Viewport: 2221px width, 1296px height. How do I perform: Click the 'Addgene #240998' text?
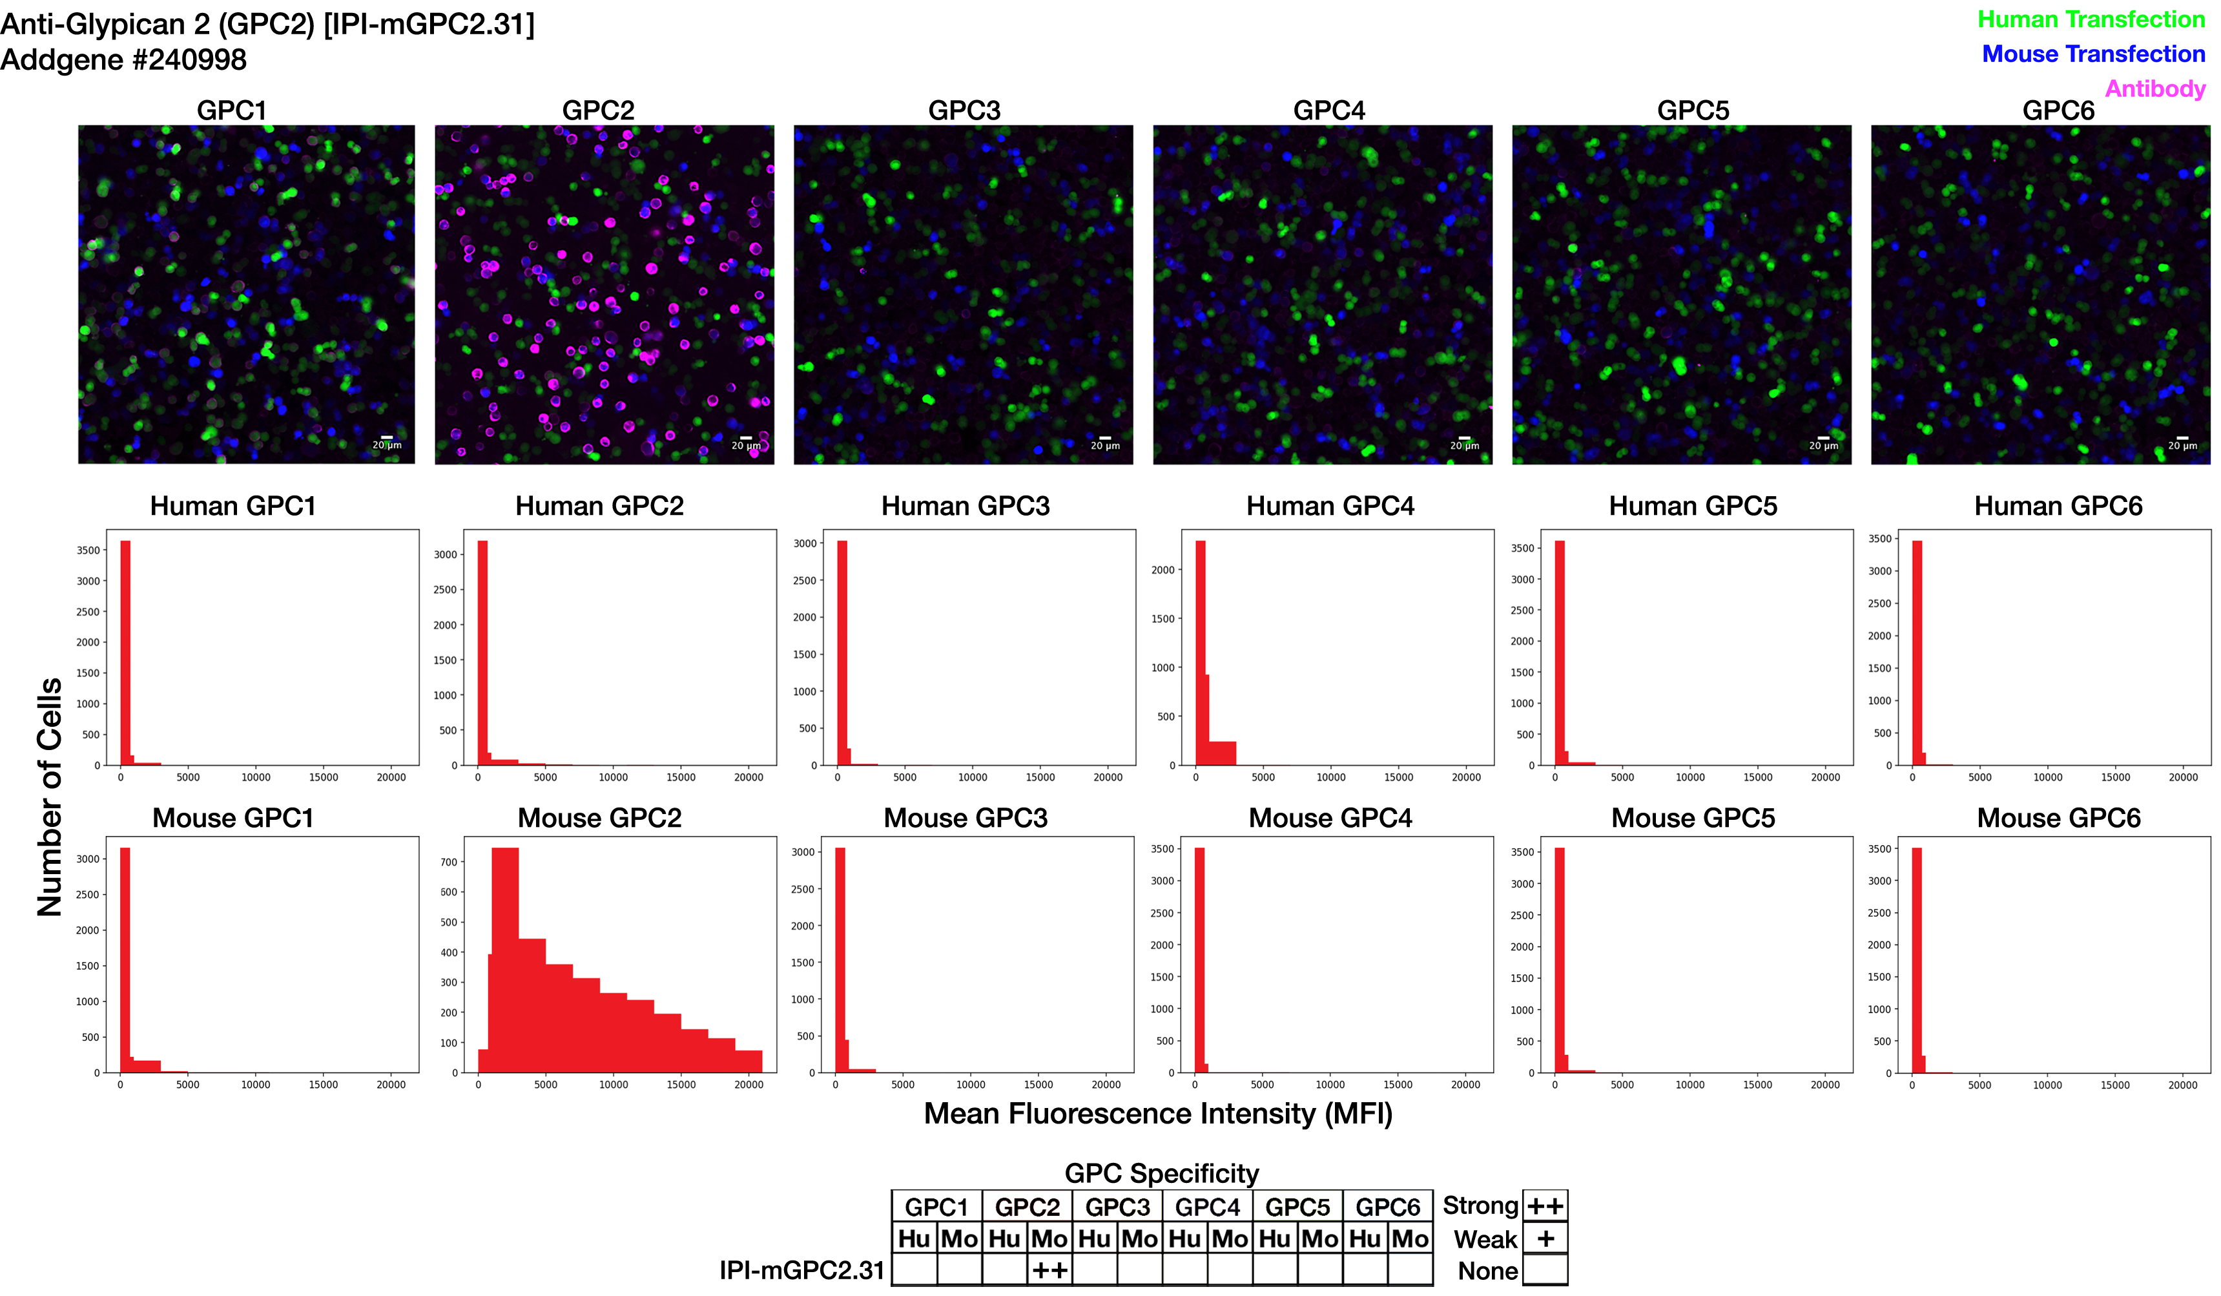(123, 60)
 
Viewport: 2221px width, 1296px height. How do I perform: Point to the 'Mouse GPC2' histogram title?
(599, 818)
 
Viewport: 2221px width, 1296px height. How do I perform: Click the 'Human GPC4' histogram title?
(1330, 506)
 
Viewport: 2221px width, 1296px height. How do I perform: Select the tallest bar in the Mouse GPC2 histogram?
(505, 957)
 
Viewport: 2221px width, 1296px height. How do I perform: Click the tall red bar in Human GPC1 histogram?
(125, 653)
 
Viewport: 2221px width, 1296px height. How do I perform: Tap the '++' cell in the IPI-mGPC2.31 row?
(1049, 1270)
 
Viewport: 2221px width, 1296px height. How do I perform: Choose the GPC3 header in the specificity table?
(1117, 1207)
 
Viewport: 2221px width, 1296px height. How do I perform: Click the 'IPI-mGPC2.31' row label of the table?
(801, 1270)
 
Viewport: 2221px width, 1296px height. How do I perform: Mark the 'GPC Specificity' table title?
(1162, 1173)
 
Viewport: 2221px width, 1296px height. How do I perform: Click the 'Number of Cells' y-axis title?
(49, 797)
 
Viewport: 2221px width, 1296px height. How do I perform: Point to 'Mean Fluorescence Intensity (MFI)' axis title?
(1157, 1114)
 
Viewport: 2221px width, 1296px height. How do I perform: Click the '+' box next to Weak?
(1545, 1239)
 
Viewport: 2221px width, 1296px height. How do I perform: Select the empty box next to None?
(1545, 1270)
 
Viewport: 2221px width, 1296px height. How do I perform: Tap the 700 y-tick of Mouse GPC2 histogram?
(449, 862)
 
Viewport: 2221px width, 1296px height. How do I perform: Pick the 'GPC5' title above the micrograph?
(1693, 110)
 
